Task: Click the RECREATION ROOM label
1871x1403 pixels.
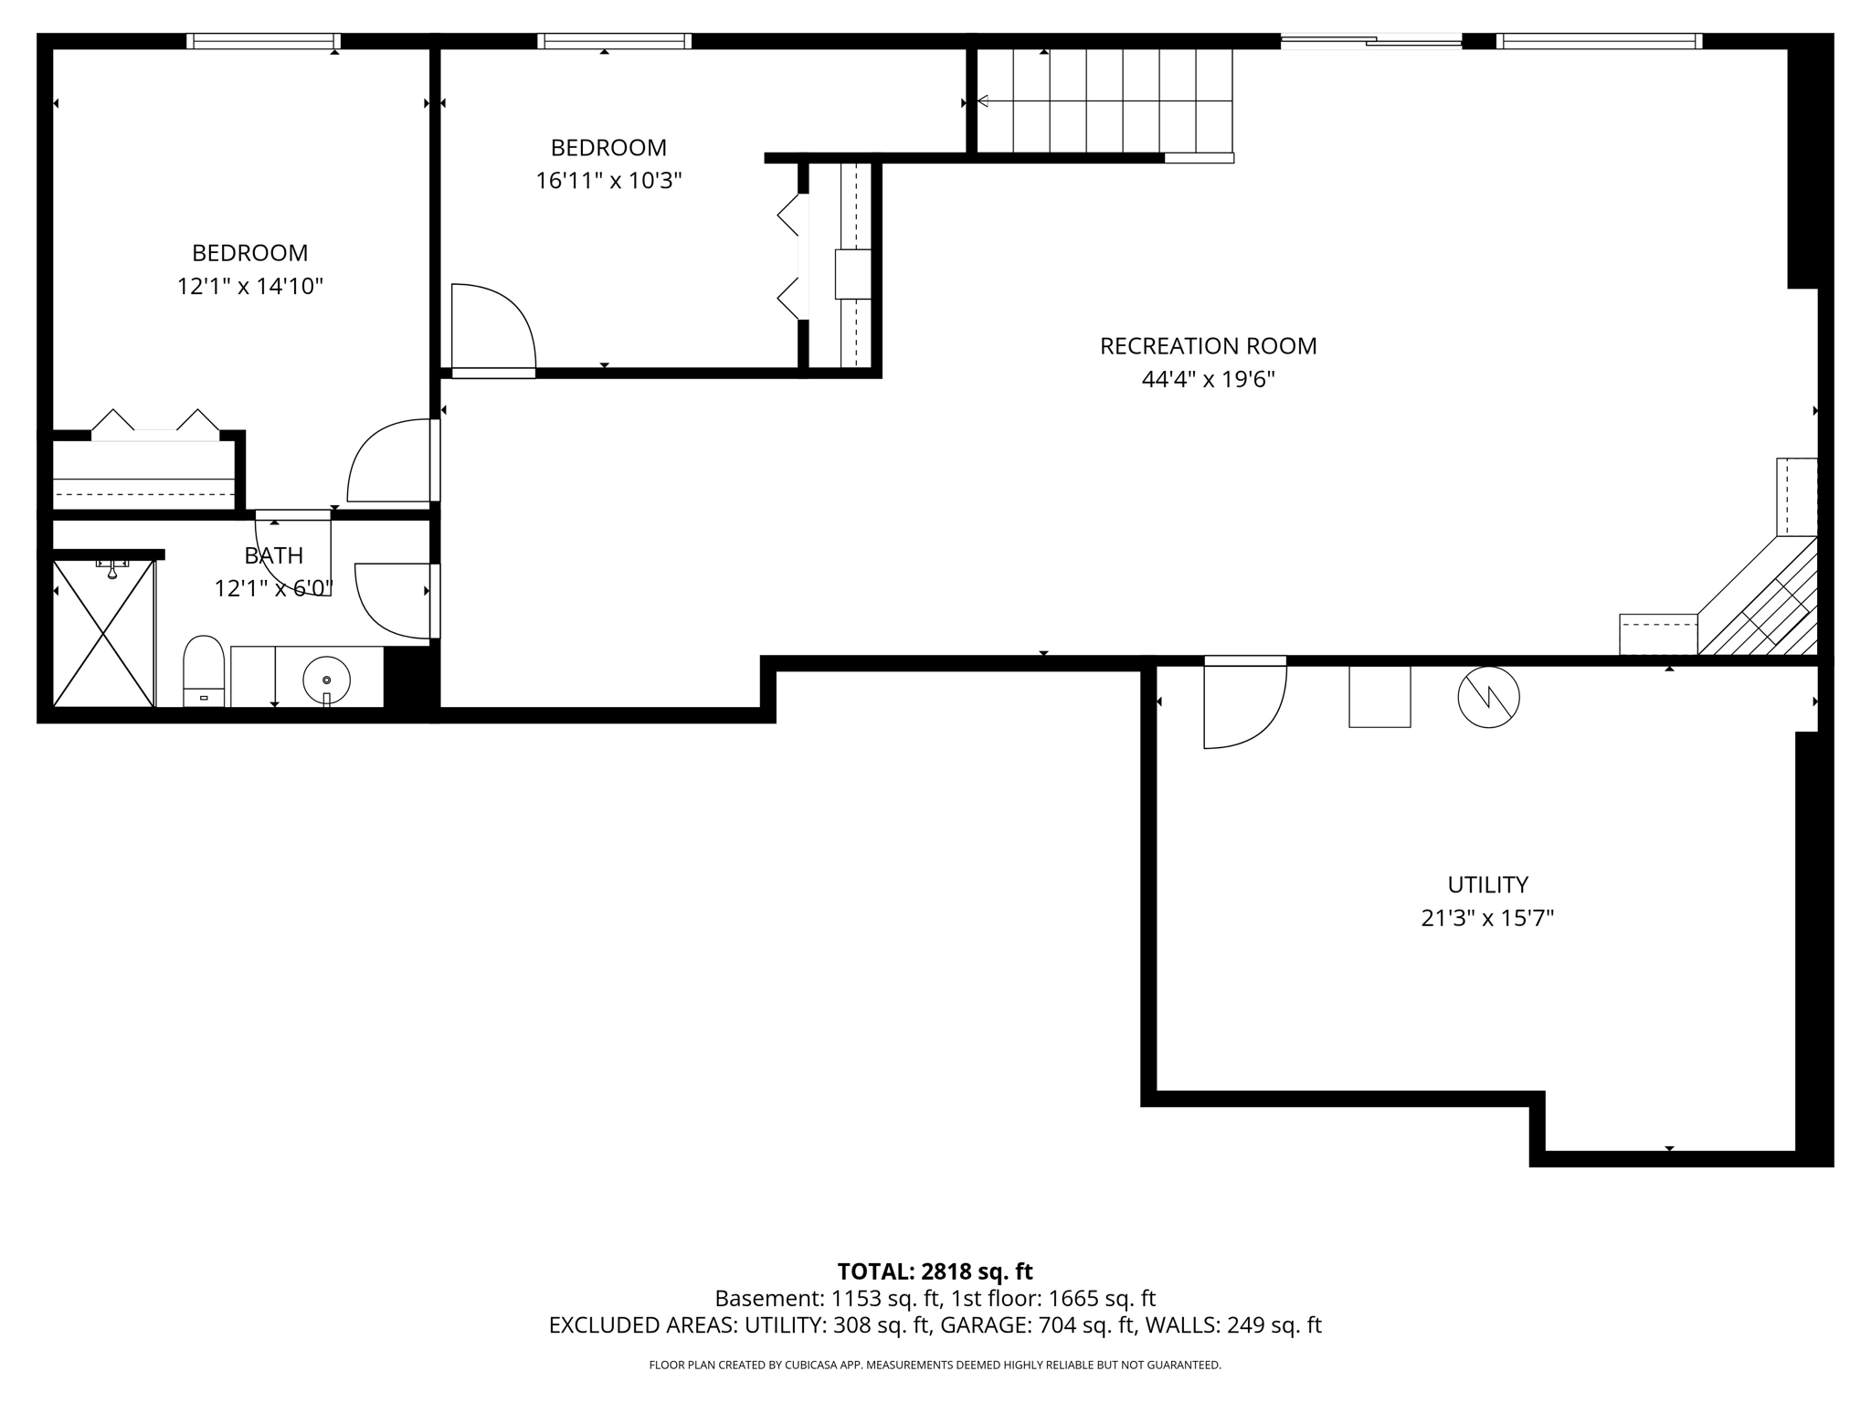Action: [1208, 346]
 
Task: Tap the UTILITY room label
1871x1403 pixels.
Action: [1487, 884]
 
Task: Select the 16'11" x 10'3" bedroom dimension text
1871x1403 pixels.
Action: [608, 181]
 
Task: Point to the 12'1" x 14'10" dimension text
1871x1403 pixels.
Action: [249, 287]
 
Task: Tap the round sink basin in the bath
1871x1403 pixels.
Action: [326, 680]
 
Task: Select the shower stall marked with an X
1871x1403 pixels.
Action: [103, 634]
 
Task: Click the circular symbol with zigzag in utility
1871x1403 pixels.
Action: [1488, 697]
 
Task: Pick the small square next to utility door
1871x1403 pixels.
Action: [1379, 696]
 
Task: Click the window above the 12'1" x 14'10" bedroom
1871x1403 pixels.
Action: [263, 41]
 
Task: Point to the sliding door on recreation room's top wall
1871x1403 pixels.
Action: [1370, 40]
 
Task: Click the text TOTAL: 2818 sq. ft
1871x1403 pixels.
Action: [935, 1271]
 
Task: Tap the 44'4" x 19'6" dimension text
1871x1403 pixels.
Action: [1208, 380]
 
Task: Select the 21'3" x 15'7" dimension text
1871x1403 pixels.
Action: [1487, 918]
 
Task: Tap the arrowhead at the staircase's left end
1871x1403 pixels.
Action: [983, 101]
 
